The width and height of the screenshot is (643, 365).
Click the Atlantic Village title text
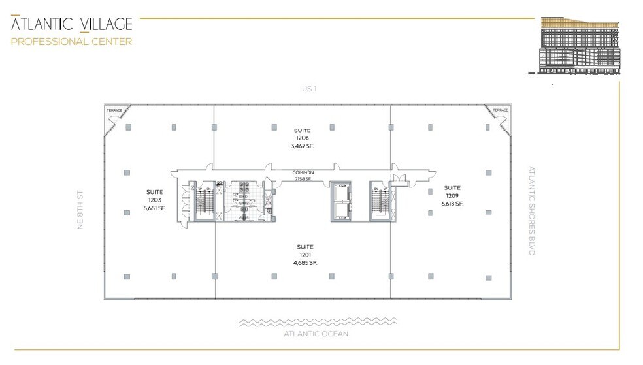pyautogui.click(x=71, y=25)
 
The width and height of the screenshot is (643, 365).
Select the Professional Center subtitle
pyautogui.click(x=71, y=42)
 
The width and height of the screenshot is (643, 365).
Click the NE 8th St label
pyautogui.click(x=81, y=209)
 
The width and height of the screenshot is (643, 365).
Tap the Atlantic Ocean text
pyautogui.click(x=316, y=334)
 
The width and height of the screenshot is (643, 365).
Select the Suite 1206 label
pyautogui.click(x=302, y=135)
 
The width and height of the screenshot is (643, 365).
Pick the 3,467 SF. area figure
pyautogui.click(x=302, y=146)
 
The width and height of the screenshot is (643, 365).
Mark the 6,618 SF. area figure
pyautogui.click(x=452, y=204)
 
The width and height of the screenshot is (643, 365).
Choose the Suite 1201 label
pyautogui.click(x=305, y=251)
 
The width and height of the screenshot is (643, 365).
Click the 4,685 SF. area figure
pyautogui.click(x=305, y=262)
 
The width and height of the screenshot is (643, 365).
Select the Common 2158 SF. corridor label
pyautogui.click(x=303, y=175)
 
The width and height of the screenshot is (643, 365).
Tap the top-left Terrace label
pyautogui.click(x=114, y=110)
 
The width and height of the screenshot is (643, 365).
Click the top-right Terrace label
pyautogui.click(x=501, y=110)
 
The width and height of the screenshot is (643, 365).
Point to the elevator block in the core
pyautogui.click(x=341, y=201)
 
